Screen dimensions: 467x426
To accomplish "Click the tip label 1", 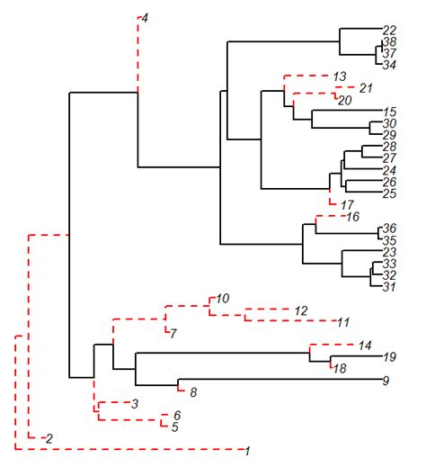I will point(248,449).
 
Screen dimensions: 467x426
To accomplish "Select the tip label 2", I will point(49,438).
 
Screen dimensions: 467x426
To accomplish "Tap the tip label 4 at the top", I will point(146,18).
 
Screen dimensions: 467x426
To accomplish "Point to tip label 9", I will point(386,381).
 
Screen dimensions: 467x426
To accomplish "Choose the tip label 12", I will point(301,310).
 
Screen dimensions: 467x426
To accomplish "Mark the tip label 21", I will point(364,87).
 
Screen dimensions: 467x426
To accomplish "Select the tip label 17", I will point(347,206).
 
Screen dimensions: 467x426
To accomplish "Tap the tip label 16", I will point(352,217).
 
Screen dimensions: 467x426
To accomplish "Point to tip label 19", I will point(389,357).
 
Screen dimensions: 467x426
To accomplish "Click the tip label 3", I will point(134,404).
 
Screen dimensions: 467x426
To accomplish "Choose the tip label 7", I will point(173,334).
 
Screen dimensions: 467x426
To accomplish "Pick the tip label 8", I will point(192,391).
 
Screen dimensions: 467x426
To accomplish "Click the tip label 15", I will point(389,111).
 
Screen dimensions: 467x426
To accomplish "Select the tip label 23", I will point(389,253).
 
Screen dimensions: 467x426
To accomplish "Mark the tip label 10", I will point(223,298).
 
